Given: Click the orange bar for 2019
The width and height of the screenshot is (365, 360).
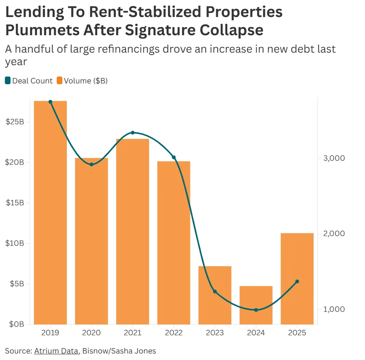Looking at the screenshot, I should click(x=50, y=213).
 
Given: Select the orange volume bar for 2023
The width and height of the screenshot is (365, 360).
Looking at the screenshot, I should click(x=215, y=295).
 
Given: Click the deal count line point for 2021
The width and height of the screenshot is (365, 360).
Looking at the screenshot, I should click(x=132, y=133).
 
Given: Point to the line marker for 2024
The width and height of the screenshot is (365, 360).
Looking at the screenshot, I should click(x=256, y=310).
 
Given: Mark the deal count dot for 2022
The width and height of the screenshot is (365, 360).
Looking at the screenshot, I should click(x=174, y=157).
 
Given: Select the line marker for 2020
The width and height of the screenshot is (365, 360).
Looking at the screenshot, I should click(x=92, y=164).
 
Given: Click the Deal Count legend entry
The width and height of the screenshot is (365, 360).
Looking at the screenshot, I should click(x=29, y=81).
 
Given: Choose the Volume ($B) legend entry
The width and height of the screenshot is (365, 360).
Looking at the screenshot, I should click(x=82, y=81).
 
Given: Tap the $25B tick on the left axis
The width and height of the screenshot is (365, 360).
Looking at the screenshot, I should click(x=15, y=122).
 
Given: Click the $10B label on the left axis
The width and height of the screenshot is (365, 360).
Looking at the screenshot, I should click(x=15, y=243).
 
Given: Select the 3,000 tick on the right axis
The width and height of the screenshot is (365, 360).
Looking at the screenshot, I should click(x=334, y=158).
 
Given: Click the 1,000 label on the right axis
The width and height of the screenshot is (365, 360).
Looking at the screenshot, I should click(x=334, y=309).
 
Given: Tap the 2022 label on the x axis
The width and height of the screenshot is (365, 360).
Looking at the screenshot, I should click(x=174, y=333).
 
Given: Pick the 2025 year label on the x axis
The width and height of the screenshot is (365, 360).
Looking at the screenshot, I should click(x=297, y=333).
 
